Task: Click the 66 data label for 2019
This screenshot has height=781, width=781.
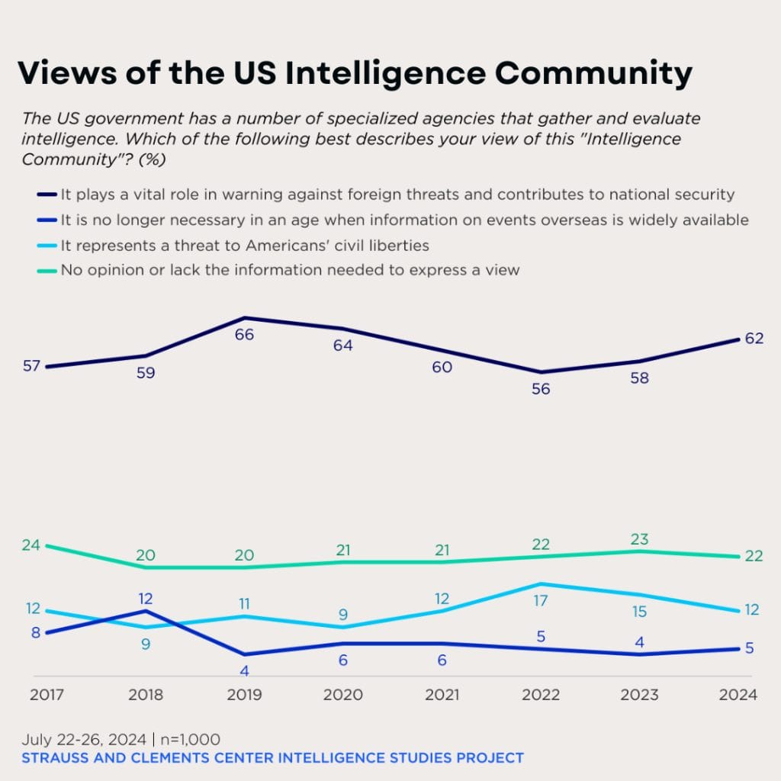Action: click(x=244, y=334)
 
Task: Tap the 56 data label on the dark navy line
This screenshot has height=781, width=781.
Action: click(x=542, y=388)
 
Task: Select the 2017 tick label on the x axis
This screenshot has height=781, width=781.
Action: click(x=47, y=695)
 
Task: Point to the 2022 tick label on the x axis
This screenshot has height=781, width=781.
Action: click(x=542, y=695)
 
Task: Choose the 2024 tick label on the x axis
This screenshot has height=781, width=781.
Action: click(x=738, y=695)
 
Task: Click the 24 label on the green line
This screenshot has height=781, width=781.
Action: click(x=31, y=545)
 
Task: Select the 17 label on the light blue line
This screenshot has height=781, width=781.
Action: click(x=541, y=600)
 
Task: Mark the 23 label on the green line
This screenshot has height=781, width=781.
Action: click(x=639, y=538)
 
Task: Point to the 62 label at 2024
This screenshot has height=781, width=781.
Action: click(x=754, y=338)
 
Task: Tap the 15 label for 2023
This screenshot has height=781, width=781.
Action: click(x=639, y=611)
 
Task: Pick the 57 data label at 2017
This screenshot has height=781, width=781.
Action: click(x=31, y=365)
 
